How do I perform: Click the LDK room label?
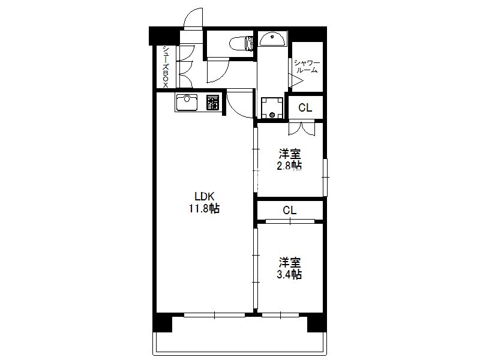click(204, 196)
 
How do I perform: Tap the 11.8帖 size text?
click(204, 209)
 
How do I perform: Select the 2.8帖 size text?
click(289, 166)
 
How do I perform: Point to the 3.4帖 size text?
click(289, 274)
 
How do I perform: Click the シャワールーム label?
click(307, 67)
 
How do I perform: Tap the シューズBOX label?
click(166, 67)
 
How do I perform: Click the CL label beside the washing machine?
click(305, 107)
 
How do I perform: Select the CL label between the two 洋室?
click(290, 211)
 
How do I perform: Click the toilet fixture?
click(242, 43)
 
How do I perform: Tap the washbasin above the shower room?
click(272, 40)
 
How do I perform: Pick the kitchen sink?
click(187, 103)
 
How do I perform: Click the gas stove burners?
click(213, 103)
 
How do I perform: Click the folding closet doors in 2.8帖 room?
click(302, 128)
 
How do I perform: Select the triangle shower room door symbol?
click(296, 81)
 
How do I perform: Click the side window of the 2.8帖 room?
click(325, 177)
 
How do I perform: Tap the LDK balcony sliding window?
click(215, 314)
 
